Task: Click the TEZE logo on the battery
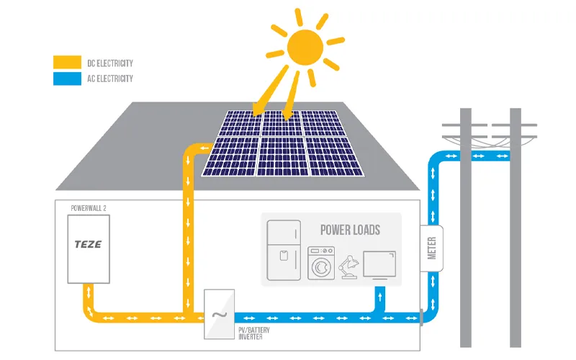coord(89,244)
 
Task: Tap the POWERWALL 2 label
coord(89,208)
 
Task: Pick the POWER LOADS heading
coord(350,230)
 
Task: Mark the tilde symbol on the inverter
coord(220,314)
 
